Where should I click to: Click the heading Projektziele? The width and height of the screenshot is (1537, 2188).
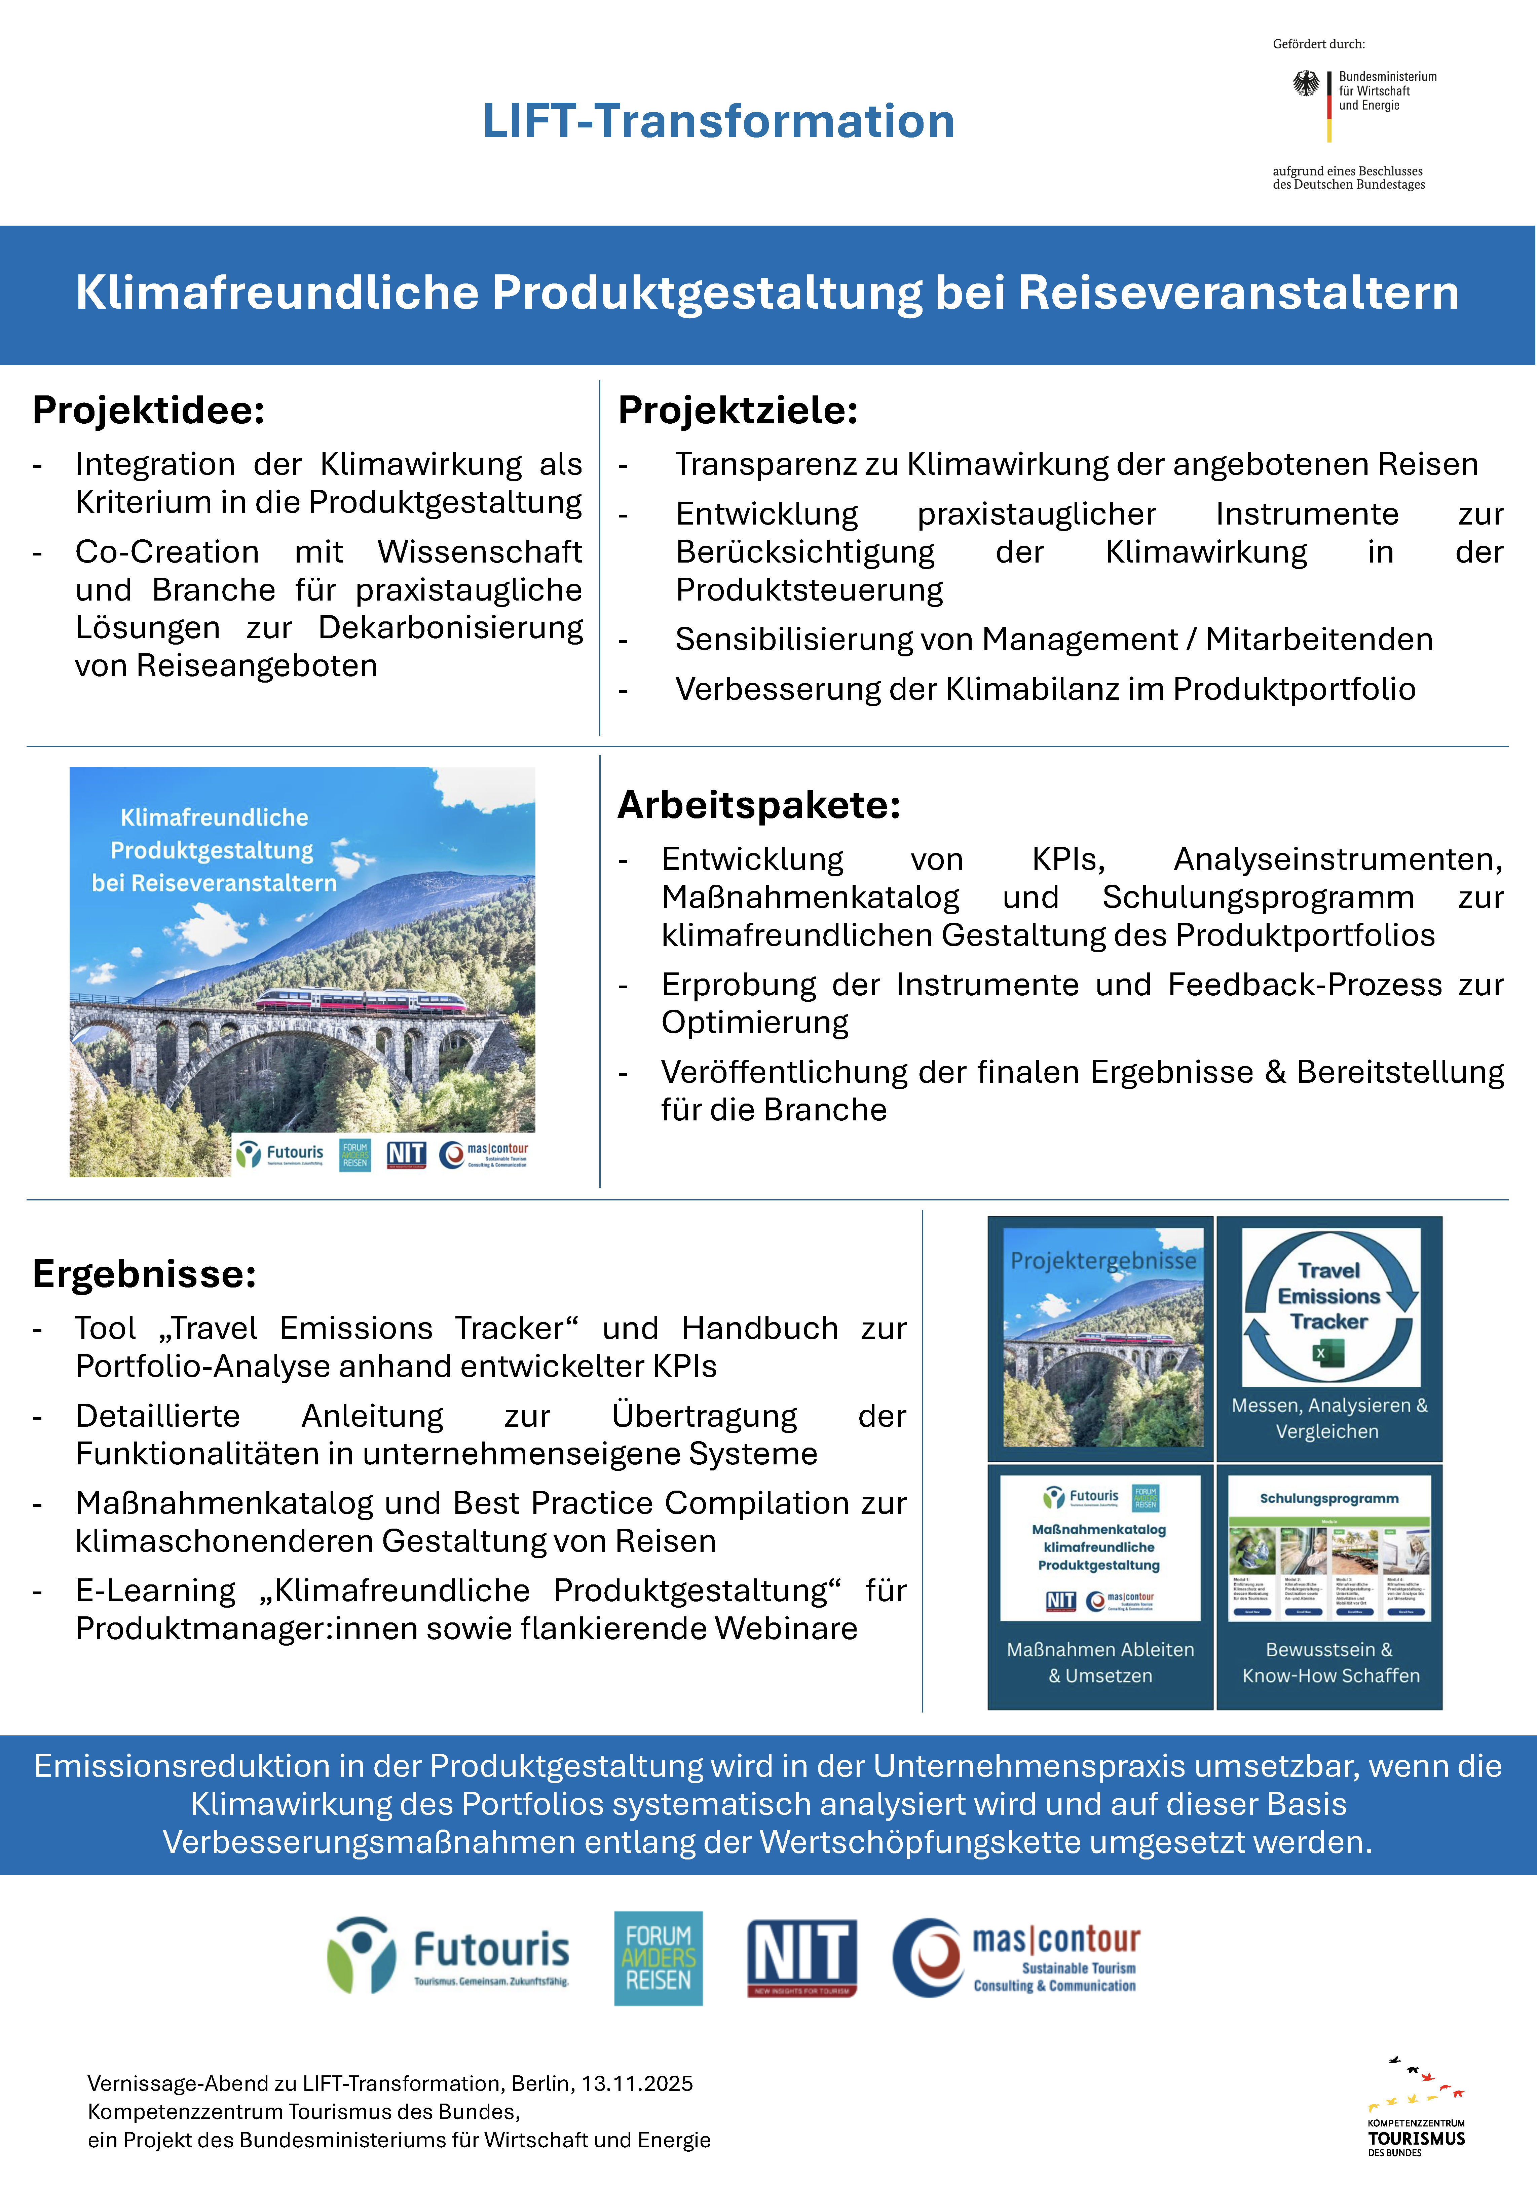tap(738, 411)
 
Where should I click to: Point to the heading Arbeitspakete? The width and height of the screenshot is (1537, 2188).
tap(758, 805)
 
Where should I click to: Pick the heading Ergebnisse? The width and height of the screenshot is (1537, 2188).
tap(144, 1274)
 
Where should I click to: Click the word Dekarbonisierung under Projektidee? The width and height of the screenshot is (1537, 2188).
tap(450, 628)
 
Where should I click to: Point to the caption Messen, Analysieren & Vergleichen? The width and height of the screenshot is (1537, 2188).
tap(1329, 1418)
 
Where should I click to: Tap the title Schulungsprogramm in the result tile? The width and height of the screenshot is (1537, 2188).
tap(1329, 1498)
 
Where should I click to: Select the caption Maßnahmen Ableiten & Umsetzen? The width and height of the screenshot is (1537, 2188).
tap(1100, 1662)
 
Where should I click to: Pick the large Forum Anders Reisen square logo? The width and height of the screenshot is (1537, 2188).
tap(658, 1957)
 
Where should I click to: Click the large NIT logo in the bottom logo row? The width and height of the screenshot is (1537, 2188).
tap(801, 1957)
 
